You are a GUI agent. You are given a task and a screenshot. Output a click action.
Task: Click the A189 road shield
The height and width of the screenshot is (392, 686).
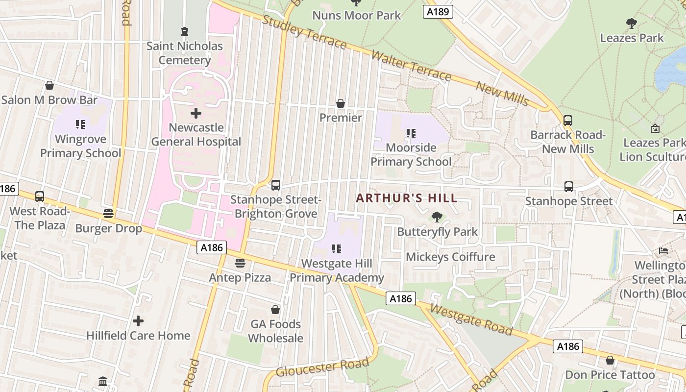click(438, 11)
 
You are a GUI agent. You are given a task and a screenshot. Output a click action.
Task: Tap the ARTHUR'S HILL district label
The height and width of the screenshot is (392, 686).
click(407, 198)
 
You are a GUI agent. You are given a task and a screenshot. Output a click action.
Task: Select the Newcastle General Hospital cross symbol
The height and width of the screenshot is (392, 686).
click(196, 114)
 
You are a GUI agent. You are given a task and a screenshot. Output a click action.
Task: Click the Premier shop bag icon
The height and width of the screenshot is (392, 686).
click(341, 103)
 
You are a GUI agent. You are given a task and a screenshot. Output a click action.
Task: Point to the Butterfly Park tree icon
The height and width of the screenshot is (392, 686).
click(437, 217)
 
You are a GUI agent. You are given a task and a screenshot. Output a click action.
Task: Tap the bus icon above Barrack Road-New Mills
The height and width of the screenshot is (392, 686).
click(568, 120)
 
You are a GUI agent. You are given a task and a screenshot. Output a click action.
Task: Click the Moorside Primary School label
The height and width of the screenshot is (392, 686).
click(411, 154)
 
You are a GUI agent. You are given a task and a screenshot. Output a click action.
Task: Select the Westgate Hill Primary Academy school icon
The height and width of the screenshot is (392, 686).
click(336, 249)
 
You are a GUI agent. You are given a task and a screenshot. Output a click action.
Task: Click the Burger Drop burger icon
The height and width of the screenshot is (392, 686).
click(108, 214)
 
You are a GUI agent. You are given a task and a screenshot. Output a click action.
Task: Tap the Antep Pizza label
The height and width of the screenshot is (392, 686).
click(240, 277)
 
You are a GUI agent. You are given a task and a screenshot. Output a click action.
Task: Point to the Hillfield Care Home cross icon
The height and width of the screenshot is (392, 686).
click(138, 321)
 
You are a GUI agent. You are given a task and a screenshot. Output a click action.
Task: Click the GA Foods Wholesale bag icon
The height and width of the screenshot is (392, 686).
click(275, 310)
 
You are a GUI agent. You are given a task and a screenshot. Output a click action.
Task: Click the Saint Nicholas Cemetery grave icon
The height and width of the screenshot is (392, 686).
click(184, 32)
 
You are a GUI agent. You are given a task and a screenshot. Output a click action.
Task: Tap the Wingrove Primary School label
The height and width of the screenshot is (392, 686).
click(80, 146)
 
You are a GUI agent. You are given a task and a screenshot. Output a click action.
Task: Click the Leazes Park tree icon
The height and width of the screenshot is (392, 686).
click(632, 23)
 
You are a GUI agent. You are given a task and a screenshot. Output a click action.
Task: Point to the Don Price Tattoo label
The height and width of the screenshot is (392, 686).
click(610, 375)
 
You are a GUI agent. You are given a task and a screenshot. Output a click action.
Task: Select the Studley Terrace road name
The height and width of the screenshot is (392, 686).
click(304, 32)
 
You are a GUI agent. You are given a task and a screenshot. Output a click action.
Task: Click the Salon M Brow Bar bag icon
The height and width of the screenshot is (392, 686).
click(49, 85)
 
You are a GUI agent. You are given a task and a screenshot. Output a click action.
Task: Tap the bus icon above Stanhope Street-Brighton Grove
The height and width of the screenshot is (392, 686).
click(276, 185)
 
